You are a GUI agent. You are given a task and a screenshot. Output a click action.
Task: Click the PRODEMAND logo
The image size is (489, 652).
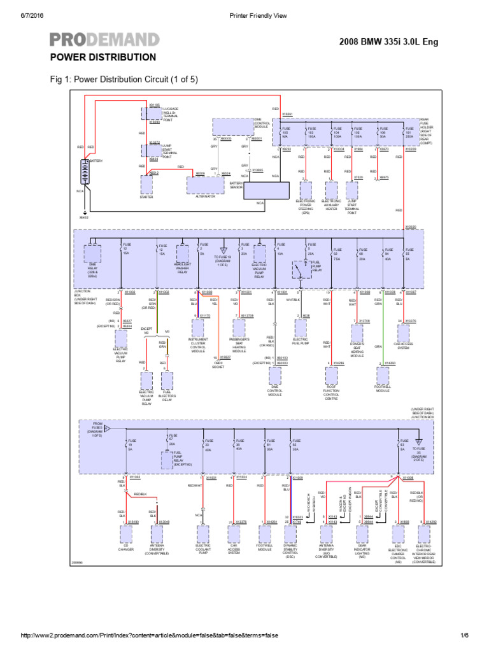click(104, 39)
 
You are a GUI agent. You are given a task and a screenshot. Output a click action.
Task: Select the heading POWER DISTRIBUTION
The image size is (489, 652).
click(103, 57)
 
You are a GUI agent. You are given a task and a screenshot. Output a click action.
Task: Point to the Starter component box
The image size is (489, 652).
click(146, 185)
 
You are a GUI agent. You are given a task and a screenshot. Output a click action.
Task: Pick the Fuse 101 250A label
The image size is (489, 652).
click(409, 132)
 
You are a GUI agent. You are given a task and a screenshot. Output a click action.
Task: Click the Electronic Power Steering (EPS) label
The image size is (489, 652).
click(306, 208)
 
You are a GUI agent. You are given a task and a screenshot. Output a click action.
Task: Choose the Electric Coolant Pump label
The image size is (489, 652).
click(203, 548)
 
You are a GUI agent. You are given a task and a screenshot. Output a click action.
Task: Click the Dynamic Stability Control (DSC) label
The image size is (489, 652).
click(290, 551)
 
